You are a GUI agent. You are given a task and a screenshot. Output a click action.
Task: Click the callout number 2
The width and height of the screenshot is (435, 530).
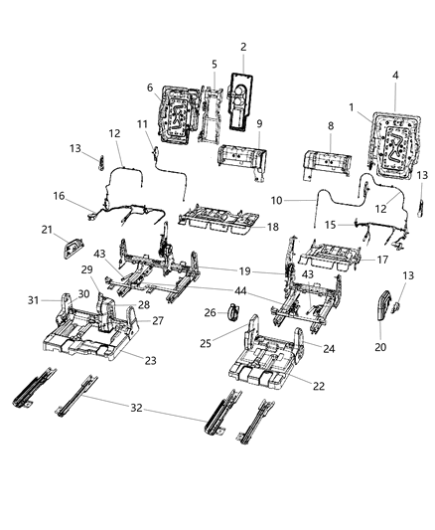coord(243,47)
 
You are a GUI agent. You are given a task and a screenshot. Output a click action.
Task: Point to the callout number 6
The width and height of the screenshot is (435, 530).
coord(150,88)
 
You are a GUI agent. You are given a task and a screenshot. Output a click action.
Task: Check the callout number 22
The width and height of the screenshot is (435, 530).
coord(318,385)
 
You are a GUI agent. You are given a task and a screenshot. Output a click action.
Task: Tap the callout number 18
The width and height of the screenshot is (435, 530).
coord(273,228)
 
